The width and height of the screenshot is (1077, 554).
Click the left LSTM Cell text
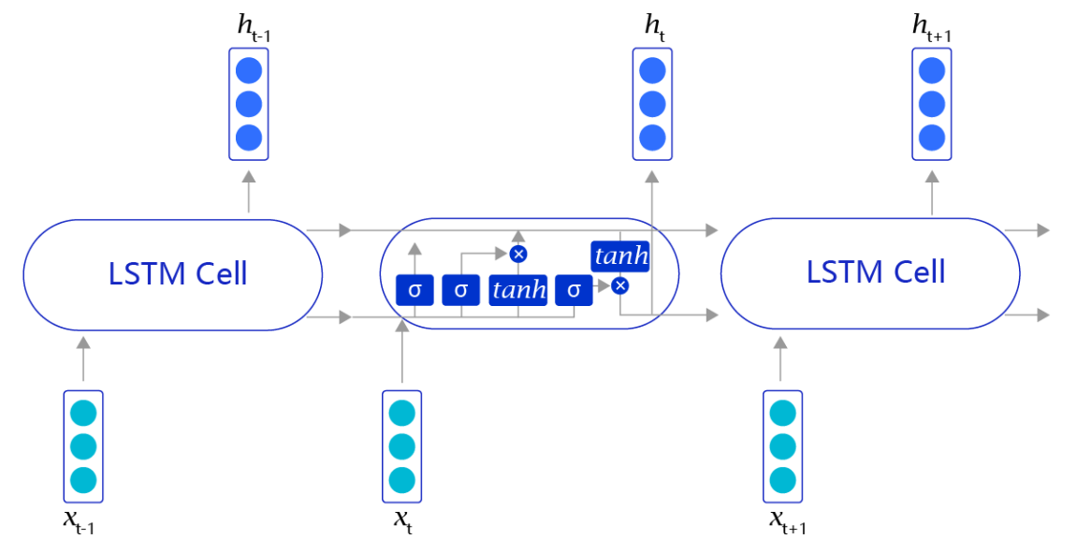pyautogui.click(x=178, y=273)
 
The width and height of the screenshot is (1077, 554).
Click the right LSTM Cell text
pyautogui.click(x=876, y=271)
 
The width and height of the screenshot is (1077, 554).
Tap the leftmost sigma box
pyautogui.click(x=415, y=290)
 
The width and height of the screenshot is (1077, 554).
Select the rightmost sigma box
pyautogui.click(x=574, y=290)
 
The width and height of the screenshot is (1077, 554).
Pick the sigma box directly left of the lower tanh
pyautogui.click(x=460, y=290)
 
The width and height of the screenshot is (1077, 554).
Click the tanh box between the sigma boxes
pyautogui.click(x=518, y=290)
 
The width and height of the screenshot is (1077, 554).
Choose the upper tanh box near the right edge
pyautogui.click(x=619, y=255)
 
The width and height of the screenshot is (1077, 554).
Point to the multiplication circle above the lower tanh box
pyautogui.click(x=518, y=254)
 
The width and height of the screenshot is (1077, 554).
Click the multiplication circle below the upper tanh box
pyautogui.click(x=619, y=285)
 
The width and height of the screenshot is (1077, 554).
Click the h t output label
pyautogui.click(x=656, y=29)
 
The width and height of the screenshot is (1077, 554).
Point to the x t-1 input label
pyautogui.click(x=79, y=521)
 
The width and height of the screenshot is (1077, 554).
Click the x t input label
pyautogui.click(x=401, y=521)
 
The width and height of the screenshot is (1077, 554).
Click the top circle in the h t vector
pyautogui.click(x=652, y=70)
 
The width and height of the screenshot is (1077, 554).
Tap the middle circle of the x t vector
pyautogui.click(x=401, y=445)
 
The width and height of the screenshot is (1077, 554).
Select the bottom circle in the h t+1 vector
pyautogui.click(x=932, y=138)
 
